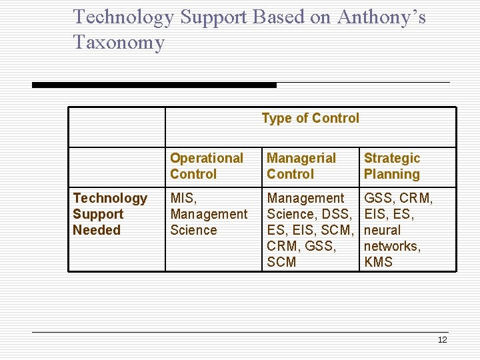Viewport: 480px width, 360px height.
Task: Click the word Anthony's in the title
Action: (381, 17)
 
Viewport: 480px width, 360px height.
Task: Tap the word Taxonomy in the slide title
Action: (119, 43)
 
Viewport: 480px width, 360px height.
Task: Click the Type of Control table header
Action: (310, 119)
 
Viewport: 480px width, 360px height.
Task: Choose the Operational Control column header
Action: (207, 166)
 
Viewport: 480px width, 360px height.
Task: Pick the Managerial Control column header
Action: (301, 166)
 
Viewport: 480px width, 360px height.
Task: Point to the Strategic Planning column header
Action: (392, 166)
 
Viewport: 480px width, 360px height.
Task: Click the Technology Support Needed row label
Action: (109, 214)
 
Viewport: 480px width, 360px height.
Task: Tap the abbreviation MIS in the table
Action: (182, 198)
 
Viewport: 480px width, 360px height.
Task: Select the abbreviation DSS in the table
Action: (335, 214)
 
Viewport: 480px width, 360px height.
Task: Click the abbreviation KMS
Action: (378, 262)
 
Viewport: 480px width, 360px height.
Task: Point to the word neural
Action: (382, 230)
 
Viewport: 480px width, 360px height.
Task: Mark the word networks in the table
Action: (391, 246)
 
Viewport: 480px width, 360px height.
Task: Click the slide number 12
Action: (442, 340)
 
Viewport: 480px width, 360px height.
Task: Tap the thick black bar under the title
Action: (154, 85)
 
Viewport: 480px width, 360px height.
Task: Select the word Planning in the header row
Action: (392, 174)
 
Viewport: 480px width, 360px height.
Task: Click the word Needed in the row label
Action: (97, 230)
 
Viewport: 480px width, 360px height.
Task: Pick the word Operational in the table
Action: (207, 158)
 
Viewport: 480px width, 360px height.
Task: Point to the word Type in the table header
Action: (275, 119)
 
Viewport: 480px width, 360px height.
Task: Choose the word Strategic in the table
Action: (392, 158)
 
